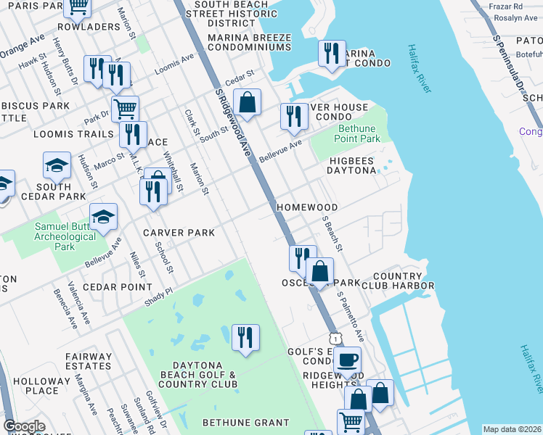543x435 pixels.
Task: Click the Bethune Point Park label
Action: (x=357, y=133)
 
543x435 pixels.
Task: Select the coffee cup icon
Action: (x=348, y=359)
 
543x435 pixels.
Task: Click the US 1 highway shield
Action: (x=335, y=338)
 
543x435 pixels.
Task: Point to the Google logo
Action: (x=24, y=427)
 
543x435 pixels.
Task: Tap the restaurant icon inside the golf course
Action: (x=245, y=337)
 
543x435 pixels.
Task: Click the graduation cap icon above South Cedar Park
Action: (x=57, y=165)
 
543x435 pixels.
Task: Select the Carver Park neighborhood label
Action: (x=179, y=233)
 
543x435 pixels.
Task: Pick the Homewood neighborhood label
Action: (x=306, y=207)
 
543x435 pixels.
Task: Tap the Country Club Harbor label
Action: (x=403, y=281)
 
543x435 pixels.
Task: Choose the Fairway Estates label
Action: (x=88, y=362)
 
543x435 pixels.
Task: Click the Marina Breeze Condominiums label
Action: (x=249, y=42)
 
